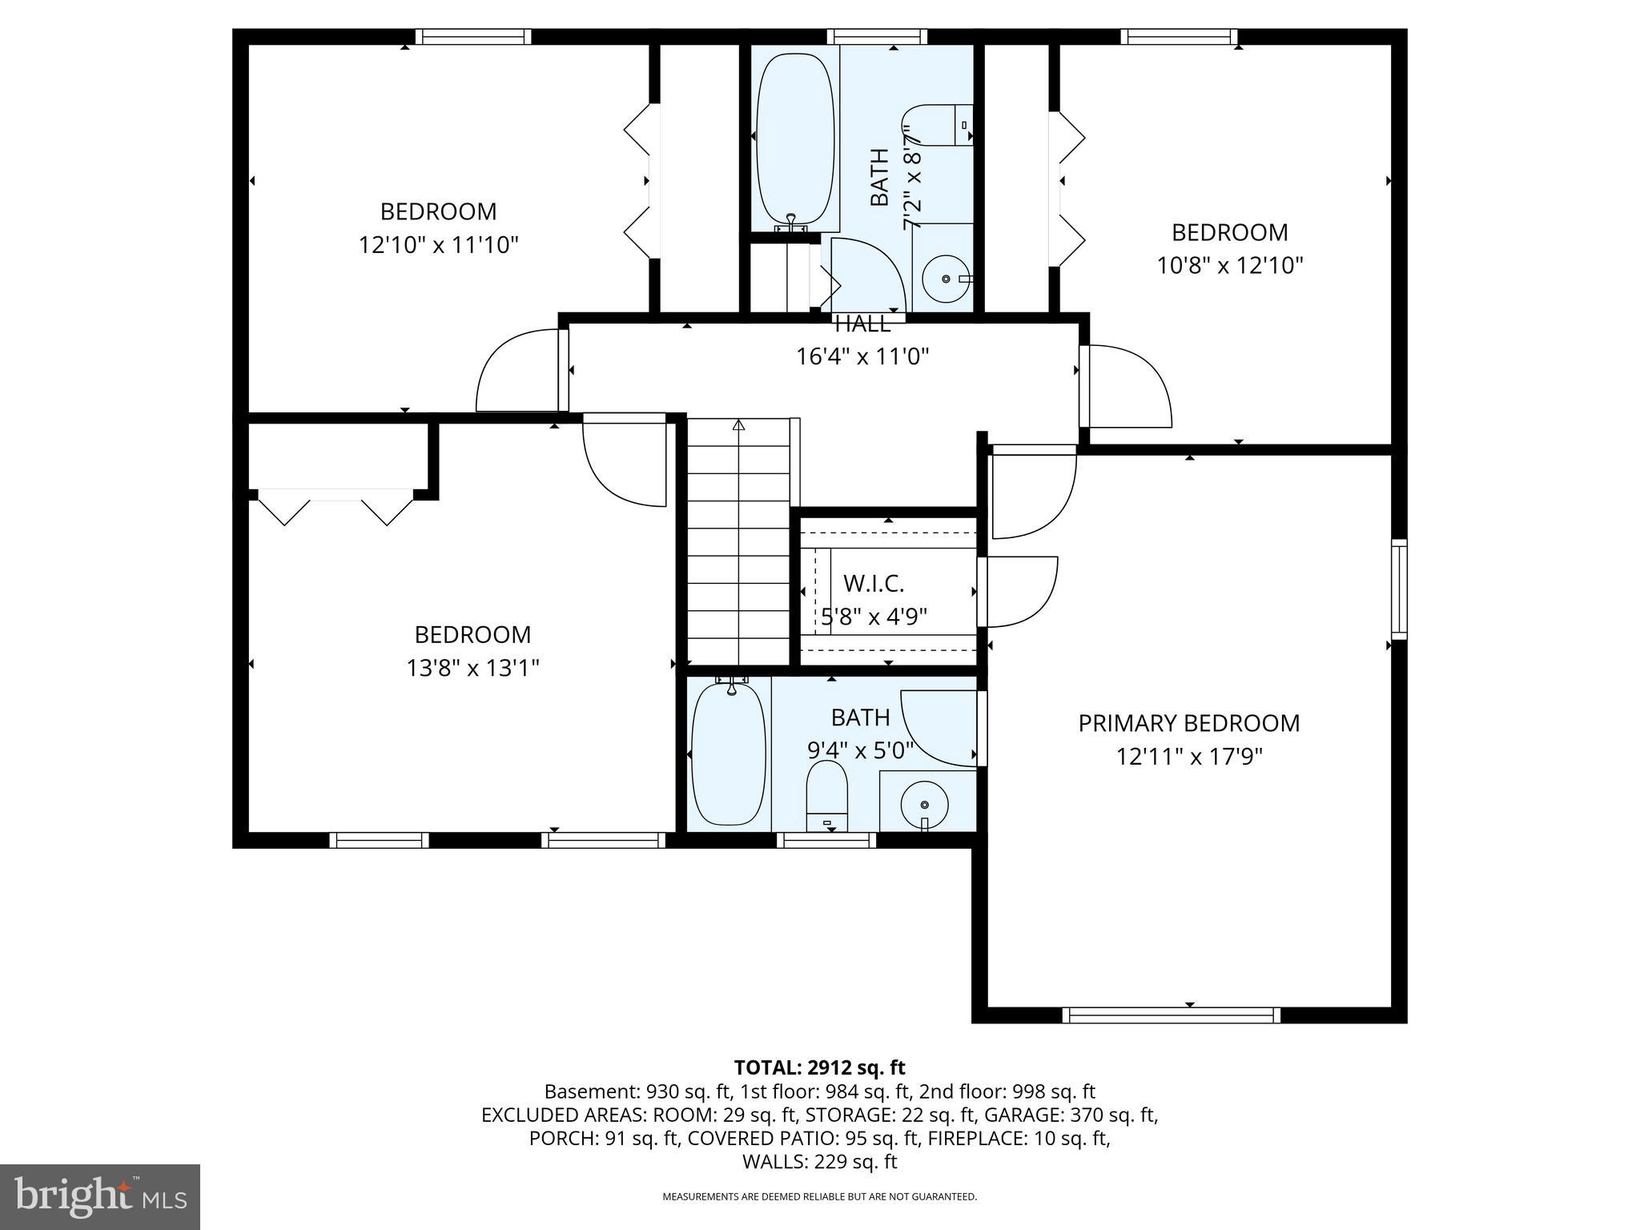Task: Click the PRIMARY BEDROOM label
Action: pos(1188,723)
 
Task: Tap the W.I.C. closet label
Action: pos(873,583)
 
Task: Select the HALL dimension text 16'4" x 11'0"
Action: pos(862,356)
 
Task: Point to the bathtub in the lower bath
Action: pos(728,753)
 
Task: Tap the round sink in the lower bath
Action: pos(925,803)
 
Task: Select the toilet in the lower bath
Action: pos(826,795)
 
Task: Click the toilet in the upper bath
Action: pos(940,125)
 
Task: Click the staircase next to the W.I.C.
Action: pos(738,545)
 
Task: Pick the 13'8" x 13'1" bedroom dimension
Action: pos(472,668)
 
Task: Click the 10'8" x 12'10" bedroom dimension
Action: pos(1230,265)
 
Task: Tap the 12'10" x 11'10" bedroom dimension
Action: pos(438,245)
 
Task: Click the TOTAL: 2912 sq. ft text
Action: pos(819,1067)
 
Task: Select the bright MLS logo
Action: pos(99,1197)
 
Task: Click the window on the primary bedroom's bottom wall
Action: pos(1171,1015)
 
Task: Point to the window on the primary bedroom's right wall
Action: pos(1398,589)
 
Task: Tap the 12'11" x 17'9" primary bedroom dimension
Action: pos(1188,757)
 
